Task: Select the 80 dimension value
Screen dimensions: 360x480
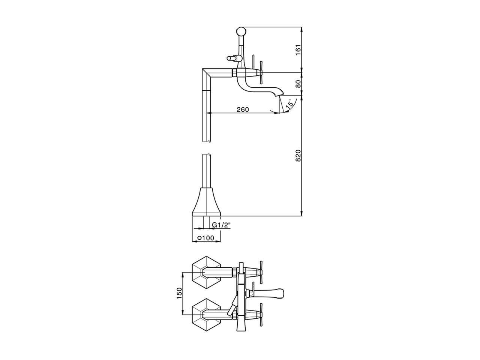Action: tap(298, 84)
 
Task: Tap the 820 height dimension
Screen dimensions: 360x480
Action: tap(298, 155)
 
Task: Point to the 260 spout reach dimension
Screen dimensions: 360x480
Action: tap(243, 109)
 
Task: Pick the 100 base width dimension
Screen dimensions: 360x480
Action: tap(206, 238)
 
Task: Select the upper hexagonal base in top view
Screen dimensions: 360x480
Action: tap(206, 273)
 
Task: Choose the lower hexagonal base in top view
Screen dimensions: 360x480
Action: tap(206, 314)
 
